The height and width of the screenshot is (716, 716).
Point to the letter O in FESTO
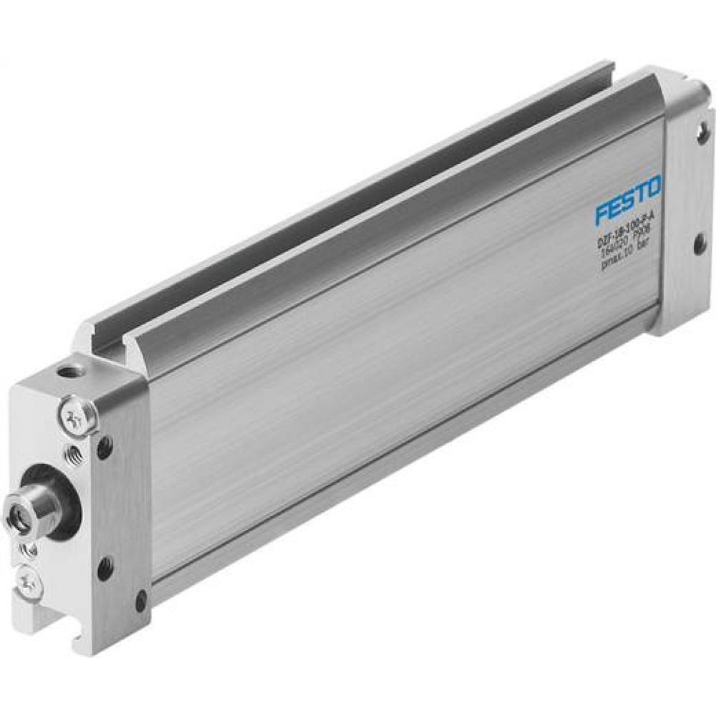pyautogui.click(x=653, y=190)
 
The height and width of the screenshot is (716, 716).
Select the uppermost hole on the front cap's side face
pyautogui.click(x=105, y=447)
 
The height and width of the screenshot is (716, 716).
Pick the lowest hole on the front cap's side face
pyautogui.click(x=140, y=600)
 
